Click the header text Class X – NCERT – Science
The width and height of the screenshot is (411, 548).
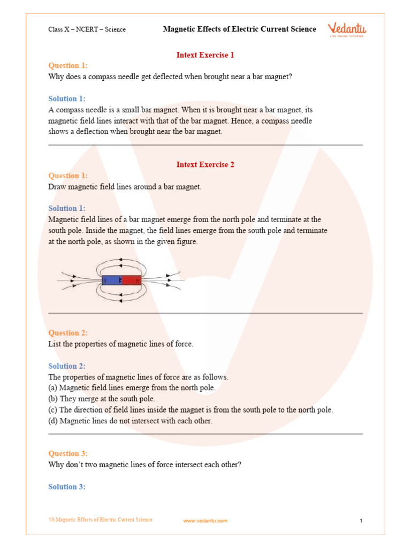(87, 29)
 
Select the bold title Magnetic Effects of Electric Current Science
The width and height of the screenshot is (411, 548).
(239, 29)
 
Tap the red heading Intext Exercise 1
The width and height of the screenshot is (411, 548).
(205, 55)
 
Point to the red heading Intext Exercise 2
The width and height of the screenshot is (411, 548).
(205, 164)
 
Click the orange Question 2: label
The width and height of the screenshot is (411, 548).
(68, 333)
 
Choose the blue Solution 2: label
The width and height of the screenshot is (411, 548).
(67, 366)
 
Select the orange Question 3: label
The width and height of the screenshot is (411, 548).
(68, 453)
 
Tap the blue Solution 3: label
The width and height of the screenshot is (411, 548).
(67, 486)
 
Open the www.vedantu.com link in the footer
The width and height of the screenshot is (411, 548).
(205, 521)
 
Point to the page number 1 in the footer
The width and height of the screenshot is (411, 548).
(361, 521)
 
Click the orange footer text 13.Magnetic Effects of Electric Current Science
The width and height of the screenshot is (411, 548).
(100, 520)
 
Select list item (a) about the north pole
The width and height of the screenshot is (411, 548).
(132, 387)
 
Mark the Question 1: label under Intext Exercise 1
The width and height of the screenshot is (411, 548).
(68, 65)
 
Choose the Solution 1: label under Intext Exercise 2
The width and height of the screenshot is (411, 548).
(67, 208)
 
